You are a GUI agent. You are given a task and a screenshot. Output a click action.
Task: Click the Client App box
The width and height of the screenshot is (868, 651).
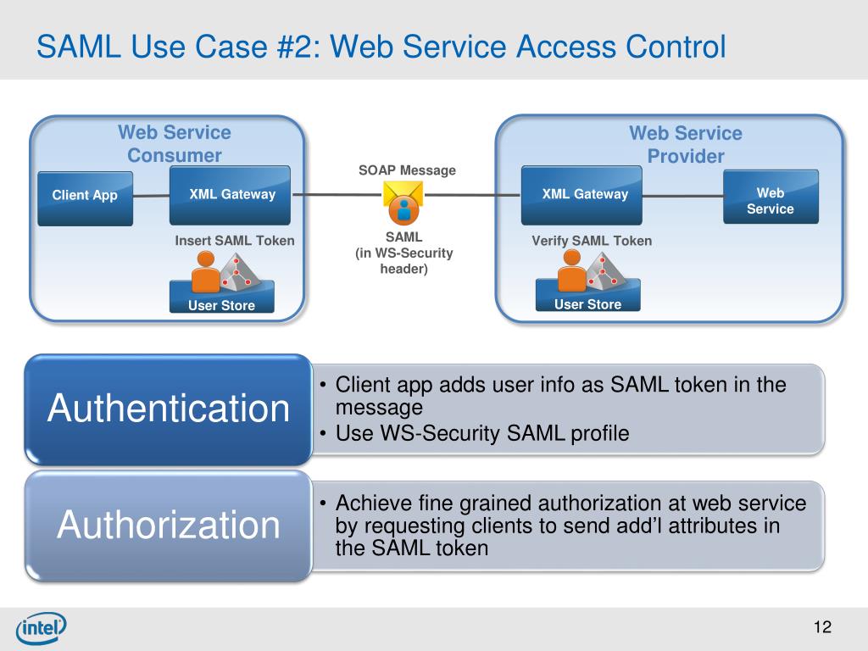click(86, 198)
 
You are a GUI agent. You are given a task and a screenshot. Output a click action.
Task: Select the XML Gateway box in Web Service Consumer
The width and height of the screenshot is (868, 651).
click(230, 196)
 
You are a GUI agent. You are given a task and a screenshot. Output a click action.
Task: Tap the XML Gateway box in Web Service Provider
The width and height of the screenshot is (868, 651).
click(581, 195)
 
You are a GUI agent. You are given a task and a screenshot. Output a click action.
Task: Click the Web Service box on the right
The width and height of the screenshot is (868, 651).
click(771, 197)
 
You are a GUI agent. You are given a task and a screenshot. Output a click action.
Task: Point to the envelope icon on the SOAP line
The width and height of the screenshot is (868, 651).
click(403, 203)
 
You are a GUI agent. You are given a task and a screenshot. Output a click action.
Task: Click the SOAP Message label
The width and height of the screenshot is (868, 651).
click(407, 170)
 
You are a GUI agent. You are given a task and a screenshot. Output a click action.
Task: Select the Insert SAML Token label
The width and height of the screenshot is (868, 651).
click(235, 241)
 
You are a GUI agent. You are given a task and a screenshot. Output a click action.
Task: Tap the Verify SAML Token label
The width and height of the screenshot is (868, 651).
click(592, 241)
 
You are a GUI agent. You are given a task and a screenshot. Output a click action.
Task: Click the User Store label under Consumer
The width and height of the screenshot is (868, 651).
click(221, 305)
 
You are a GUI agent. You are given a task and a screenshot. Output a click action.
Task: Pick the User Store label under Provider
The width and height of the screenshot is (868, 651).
click(588, 304)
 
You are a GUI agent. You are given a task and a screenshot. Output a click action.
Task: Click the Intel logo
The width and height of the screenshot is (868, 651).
click(42, 628)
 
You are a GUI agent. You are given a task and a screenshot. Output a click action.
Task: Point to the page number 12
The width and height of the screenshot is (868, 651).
click(822, 626)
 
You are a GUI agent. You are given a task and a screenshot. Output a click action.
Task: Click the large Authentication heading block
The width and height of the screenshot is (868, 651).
click(169, 409)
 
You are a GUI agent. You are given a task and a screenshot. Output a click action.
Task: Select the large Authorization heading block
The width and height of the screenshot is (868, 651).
click(169, 526)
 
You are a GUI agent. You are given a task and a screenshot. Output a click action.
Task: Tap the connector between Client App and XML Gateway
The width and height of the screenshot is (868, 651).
click(151, 196)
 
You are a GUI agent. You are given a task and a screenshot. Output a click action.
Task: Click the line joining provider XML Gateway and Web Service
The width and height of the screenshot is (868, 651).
click(683, 196)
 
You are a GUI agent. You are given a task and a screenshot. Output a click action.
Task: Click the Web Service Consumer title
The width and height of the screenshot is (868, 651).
click(175, 144)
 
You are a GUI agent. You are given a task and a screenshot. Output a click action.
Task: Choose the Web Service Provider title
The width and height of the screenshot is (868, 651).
click(686, 144)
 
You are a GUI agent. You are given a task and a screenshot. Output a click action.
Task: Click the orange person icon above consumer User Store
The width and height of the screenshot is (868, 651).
click(205, 271)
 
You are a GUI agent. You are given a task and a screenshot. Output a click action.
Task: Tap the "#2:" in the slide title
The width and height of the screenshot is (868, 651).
click(298, 47)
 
